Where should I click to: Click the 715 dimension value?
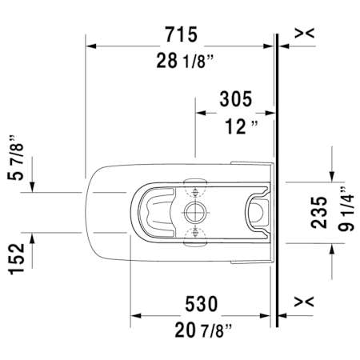[x=182, y=34]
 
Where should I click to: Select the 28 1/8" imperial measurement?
[x=185, y=61]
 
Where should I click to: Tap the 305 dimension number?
[x=236, y=99]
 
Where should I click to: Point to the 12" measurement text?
[x=242, y=126]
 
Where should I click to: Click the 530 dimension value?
[x=202, y=304]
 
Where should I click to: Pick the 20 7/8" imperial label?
[x=203, y=330]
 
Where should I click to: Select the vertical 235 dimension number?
[x=319, y=213]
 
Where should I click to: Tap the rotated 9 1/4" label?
[x=346, y=209]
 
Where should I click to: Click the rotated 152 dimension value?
[x=17, y=259]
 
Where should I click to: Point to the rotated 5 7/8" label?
[x=15, y=158]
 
